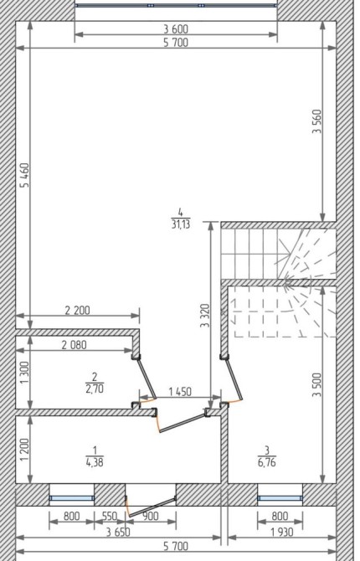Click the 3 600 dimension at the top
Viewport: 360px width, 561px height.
click(x=176, y=28)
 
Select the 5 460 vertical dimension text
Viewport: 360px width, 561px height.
click(x=25, y=175)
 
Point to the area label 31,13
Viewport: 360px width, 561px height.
click(x=181, y=224)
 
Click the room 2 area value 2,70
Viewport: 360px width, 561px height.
click(x=95, y=389)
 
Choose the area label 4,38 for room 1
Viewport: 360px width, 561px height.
click(x=95, y=462)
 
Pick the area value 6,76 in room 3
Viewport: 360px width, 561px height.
click(x=267, y=462)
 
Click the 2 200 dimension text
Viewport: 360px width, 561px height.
click(x=78, y=310)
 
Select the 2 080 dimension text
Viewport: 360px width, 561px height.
click(x=74, y=345)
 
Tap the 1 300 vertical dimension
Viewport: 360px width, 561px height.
click(x=24, y=373)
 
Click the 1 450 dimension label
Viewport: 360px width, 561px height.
click(x=180, y=392)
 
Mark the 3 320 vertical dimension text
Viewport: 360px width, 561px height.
click(x=205, y=316)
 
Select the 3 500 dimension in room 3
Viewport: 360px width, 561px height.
click(x=317, y=385)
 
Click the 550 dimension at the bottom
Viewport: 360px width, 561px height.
click(x=110, y=516)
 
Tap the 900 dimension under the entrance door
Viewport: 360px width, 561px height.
click(x=151, y=516)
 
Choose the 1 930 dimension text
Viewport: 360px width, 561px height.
click(x=282, y=532)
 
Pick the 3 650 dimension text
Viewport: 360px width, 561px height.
click(x=118, y=532)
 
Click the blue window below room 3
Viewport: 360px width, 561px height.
click(x=280, y=498)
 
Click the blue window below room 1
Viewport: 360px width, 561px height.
click(x=72, y=498)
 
